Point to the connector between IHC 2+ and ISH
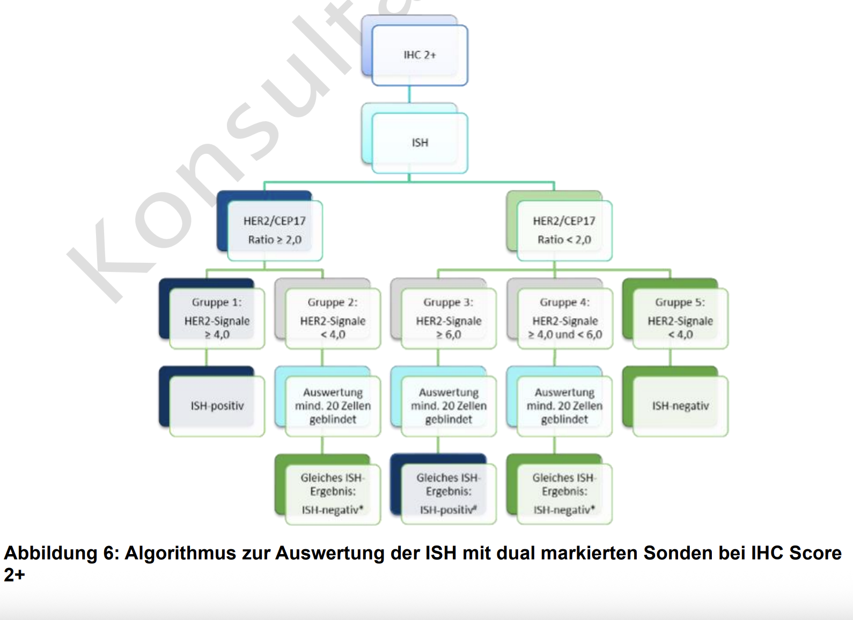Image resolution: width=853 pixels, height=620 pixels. click(x=409, y=94)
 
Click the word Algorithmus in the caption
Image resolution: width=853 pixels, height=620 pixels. click(x=180, y=553)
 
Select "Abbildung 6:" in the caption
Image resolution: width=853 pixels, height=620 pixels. click(x=62, y=553)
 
